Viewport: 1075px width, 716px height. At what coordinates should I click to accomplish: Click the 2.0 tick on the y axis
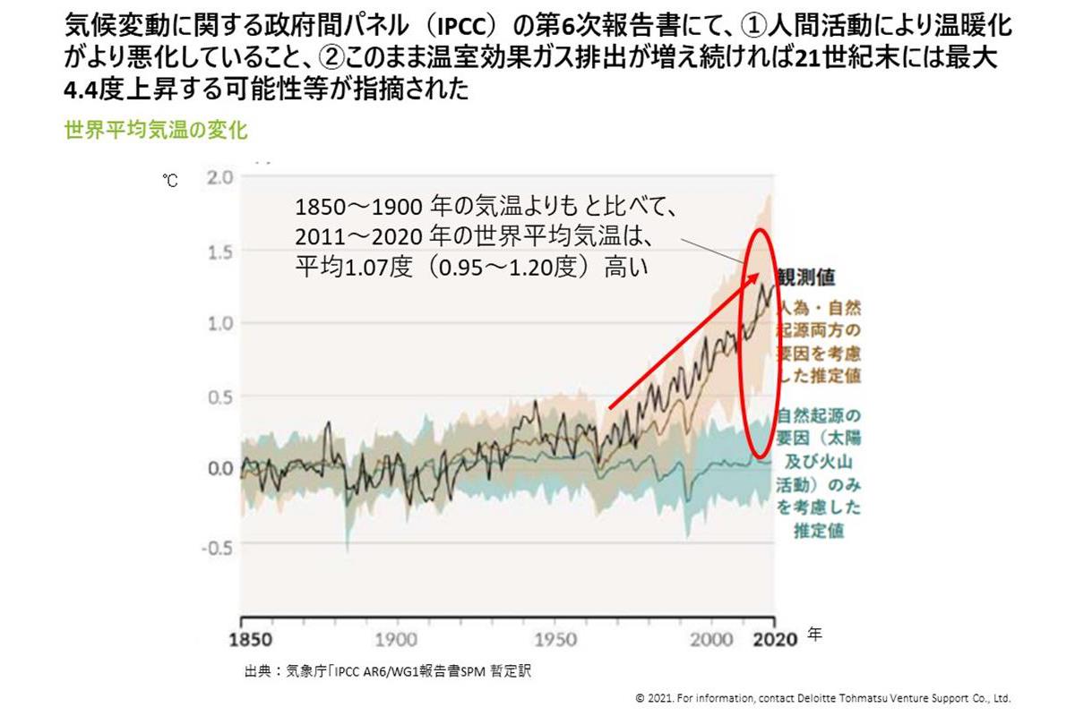[219, 176]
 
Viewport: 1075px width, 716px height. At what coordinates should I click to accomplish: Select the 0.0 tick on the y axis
[219, 468]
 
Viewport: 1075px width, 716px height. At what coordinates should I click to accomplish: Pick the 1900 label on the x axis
[396, 640]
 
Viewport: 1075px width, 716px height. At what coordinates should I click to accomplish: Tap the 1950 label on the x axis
[556, 640]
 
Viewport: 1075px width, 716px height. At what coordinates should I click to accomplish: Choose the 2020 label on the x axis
[772, 640]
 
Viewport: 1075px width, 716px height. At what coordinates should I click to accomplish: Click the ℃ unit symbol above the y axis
[170, 181]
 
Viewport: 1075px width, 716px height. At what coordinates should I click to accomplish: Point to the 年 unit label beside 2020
[813, 634]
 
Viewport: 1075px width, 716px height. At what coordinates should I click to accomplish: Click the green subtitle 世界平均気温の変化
[156, 129]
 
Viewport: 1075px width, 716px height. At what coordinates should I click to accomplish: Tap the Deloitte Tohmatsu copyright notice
[822, 698]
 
